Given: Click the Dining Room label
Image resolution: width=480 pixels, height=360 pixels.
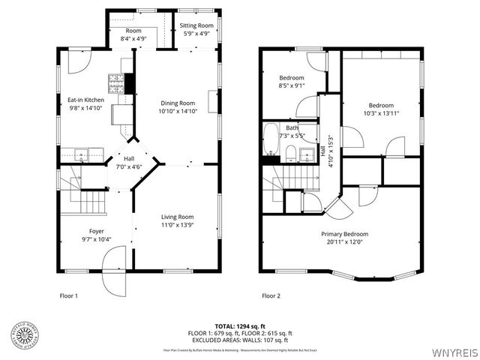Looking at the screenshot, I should (177, 103).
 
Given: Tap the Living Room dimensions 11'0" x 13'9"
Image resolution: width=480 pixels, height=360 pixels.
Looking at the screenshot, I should (178, 225).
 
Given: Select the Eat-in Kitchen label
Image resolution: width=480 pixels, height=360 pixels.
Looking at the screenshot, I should (86, 100).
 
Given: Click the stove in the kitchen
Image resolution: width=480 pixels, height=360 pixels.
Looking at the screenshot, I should (117, 80).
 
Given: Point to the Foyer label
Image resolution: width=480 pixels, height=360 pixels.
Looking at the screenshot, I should (97, 232).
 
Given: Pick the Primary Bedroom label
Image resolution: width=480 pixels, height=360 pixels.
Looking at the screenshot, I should (345, 234).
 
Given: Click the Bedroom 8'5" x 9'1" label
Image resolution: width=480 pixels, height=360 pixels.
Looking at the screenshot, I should (292, 77).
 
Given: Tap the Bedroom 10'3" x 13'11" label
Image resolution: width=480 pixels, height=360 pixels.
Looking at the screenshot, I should (381, 105).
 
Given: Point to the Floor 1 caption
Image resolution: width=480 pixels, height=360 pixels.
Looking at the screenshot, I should (68, 295).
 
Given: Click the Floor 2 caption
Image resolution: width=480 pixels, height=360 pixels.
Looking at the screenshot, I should (271, 295).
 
